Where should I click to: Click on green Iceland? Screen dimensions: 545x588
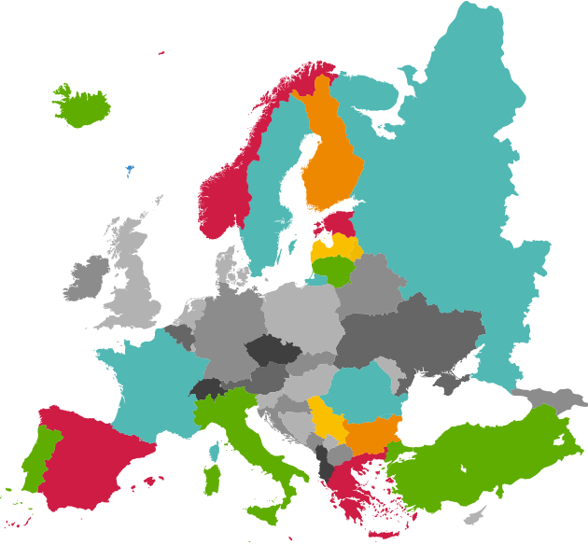point(82,107)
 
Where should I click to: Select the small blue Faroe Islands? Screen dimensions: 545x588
point(130,171)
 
